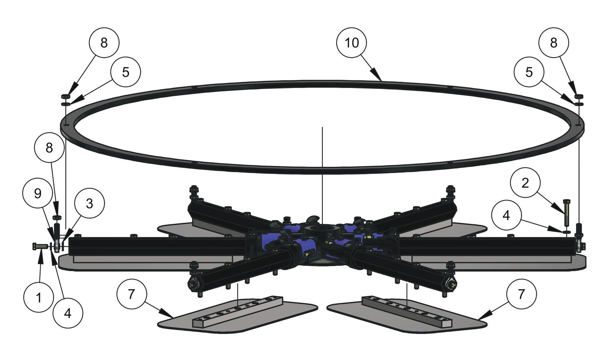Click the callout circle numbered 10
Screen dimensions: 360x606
[352, 43]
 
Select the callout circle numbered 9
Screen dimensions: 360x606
[37, 194]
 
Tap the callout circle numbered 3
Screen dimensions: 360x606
[89, 204]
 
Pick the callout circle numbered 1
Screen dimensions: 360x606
[39, 298]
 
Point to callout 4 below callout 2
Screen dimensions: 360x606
[506, 215]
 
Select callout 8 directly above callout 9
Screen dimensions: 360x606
[49, 148]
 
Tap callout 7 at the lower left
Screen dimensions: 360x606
[132, 295]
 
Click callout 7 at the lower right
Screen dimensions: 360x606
[521, 295]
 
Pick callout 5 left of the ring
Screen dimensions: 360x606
[126, 72]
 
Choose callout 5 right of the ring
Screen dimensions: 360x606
[529, 72]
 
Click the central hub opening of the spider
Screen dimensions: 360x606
[321, 231]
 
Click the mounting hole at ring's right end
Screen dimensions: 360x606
[578, 124]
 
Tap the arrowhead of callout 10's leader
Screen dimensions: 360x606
[380, 80]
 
